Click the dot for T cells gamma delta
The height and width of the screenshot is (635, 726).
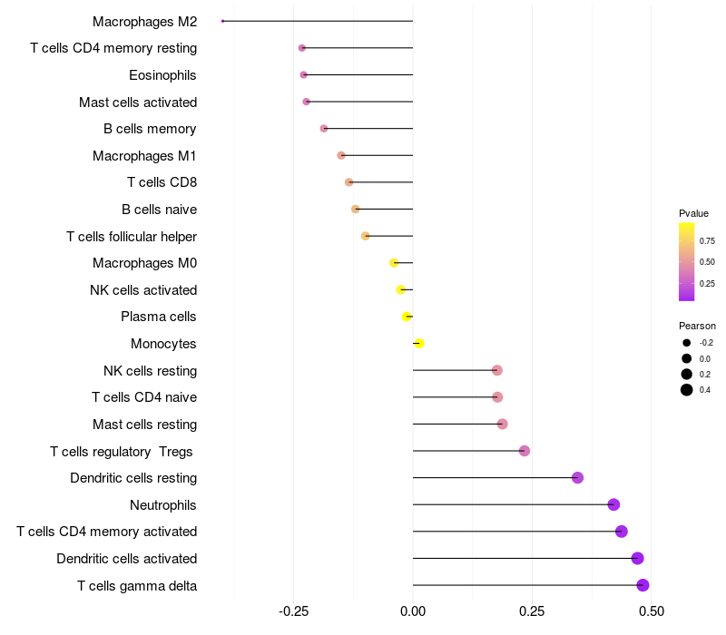(x=643, y=585)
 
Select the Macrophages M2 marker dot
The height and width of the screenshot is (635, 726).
(x=222, y=21)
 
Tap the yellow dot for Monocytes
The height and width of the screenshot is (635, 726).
(x=418, y=344)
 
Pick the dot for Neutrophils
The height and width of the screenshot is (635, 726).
(x=613, y=504)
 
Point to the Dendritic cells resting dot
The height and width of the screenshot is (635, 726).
(x=577, y=478)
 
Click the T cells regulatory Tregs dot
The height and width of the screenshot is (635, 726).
(x=524, y=451)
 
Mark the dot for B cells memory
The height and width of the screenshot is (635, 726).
(x=324, y=129)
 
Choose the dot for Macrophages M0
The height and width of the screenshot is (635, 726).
(x=394, y=263)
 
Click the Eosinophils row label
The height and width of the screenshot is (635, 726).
(x=162, y=75)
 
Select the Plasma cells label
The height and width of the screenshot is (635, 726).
(x=159, y=317)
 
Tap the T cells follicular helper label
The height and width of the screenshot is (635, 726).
(x=132, y=237)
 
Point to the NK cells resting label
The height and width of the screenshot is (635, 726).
(x=150, y=370)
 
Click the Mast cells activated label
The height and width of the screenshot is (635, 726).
(x=138, y=103)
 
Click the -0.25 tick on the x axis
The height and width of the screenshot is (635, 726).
(x=293, y=611)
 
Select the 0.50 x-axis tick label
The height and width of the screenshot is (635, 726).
(x=651, y=611)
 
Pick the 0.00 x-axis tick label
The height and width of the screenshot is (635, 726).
(x=413, y=611)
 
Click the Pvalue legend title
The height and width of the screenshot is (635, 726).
(x=693, y=213)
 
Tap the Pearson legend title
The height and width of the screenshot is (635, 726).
(x=697, y=326)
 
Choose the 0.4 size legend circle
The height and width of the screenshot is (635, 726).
(x=687, y=390)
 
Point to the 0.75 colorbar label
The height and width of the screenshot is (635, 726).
(x=706, y=240)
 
